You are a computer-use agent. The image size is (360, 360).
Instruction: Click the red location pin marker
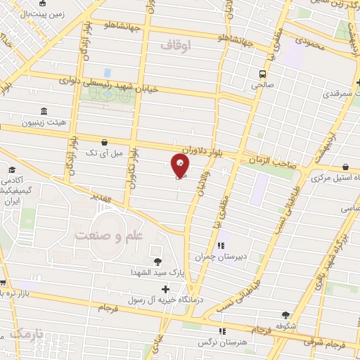tap(181, 165)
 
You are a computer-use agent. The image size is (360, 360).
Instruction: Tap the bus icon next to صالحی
tap(263, 74)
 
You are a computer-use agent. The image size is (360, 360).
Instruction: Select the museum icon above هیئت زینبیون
tap(44, 112)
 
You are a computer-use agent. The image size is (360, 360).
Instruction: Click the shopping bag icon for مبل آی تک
tap(104, 142)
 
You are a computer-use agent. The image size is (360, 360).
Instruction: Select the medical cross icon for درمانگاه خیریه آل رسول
tap(165, 289)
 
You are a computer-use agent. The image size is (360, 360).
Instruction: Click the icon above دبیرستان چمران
tap(221, 246)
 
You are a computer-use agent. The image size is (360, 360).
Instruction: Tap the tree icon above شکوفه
tap(285, 316)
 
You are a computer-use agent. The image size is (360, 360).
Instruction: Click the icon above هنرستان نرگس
tap(223, 332)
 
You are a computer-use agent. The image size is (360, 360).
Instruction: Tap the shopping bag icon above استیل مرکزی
tap(345, 166)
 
